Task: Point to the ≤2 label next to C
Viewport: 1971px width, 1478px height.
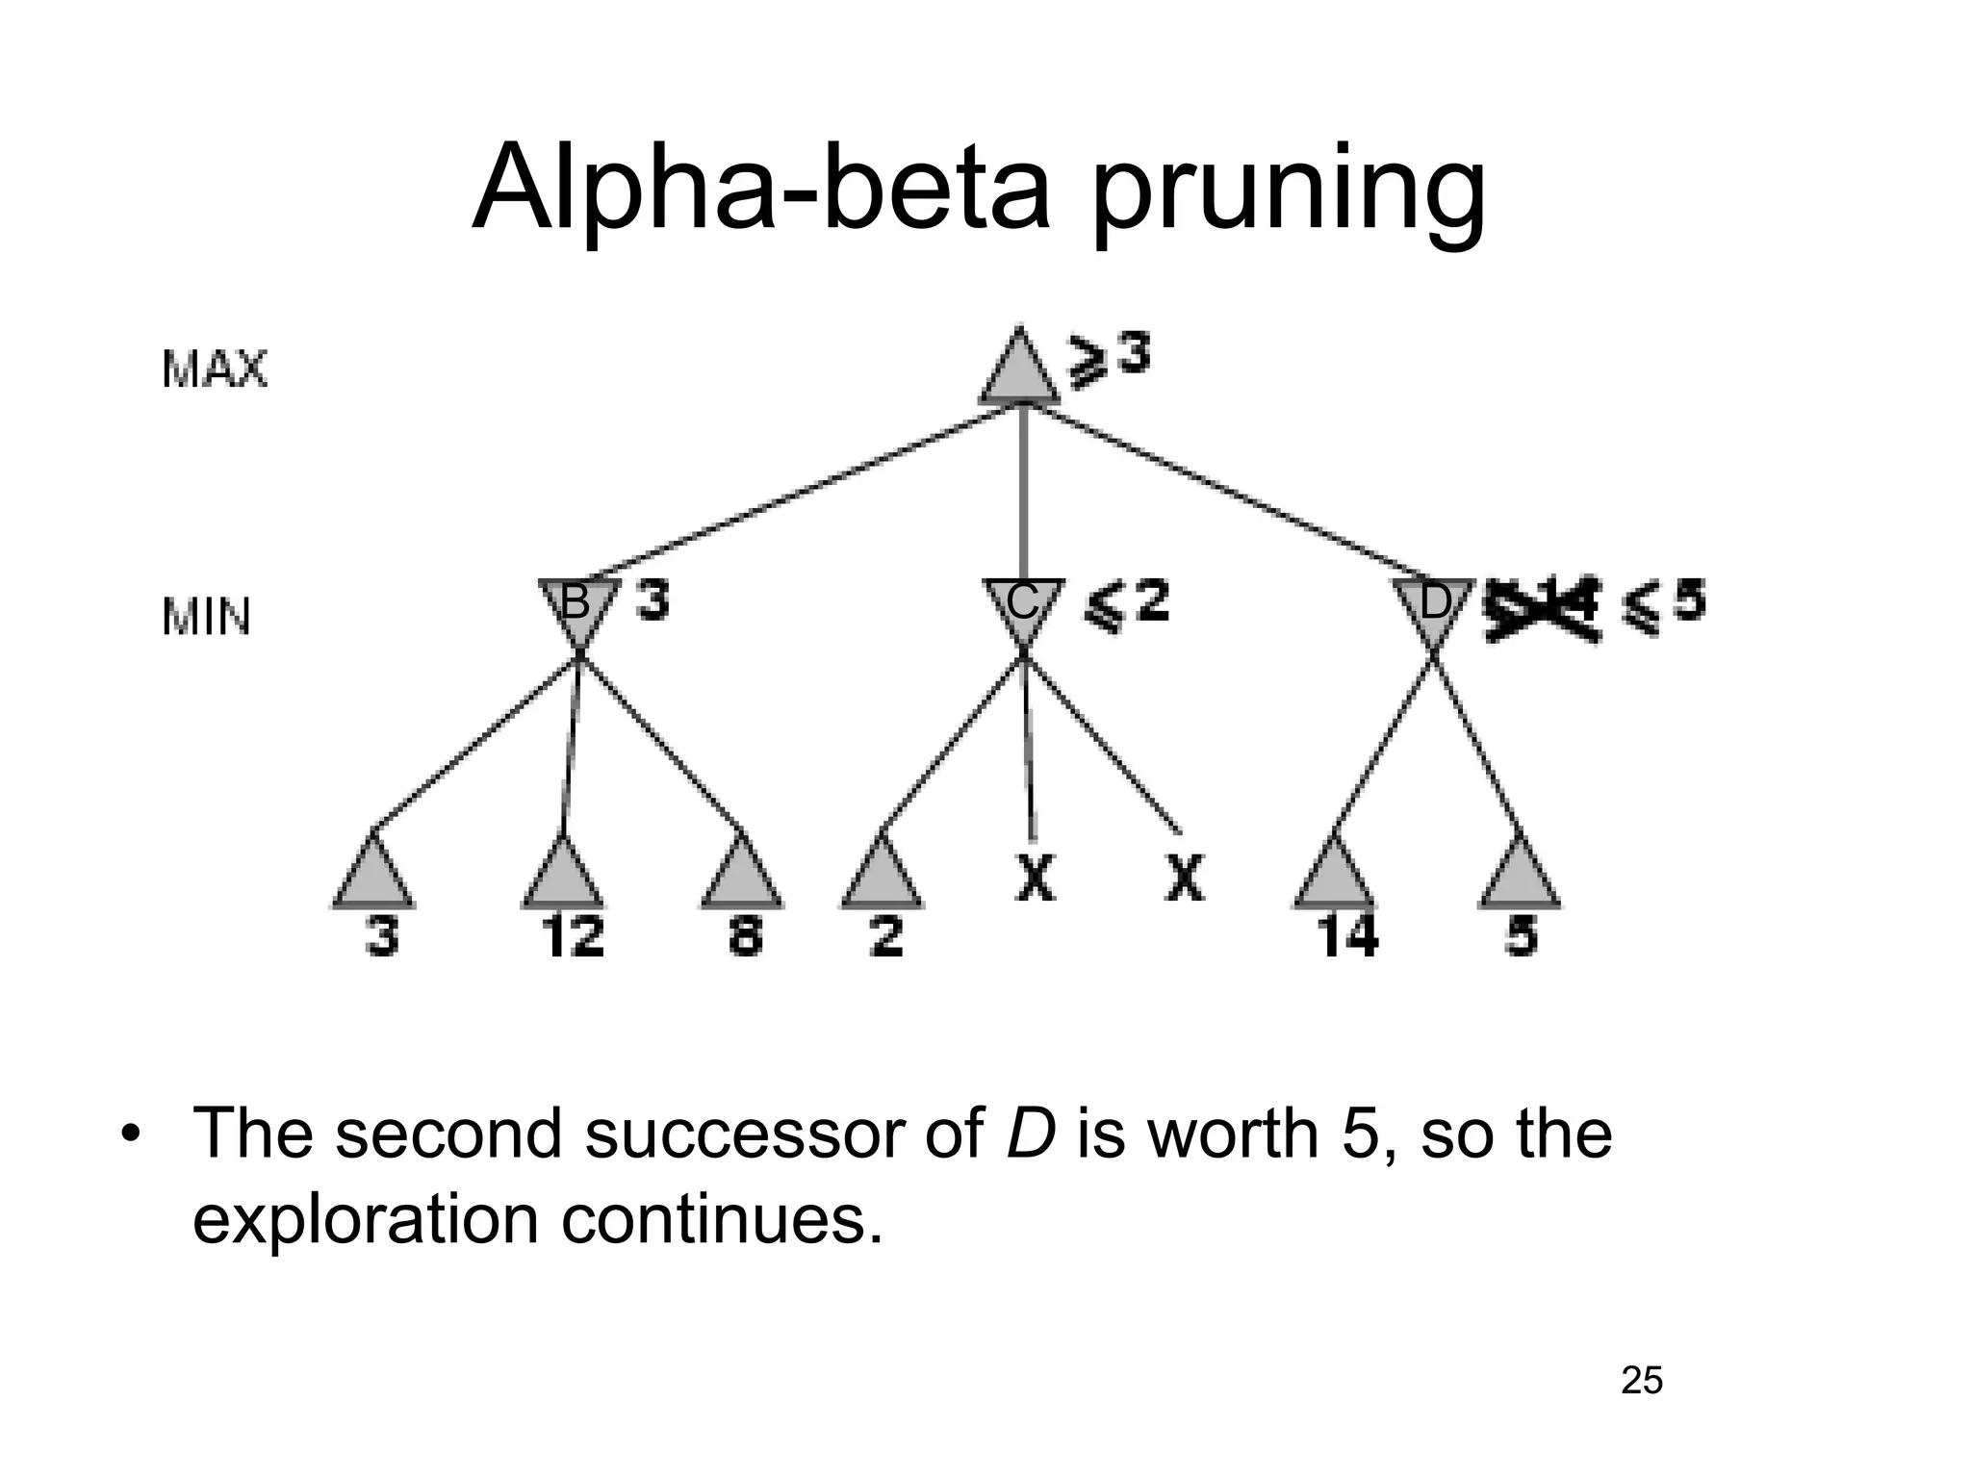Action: pos(1126,603)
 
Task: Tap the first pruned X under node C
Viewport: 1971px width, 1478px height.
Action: pos(1035,878)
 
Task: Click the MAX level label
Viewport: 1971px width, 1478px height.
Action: pos(214,369)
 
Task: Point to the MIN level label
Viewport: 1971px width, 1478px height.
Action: pos(206,617)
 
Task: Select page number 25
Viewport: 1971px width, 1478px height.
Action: pos(1642,1381)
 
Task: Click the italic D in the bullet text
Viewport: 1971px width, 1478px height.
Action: pos(1031,1134)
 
